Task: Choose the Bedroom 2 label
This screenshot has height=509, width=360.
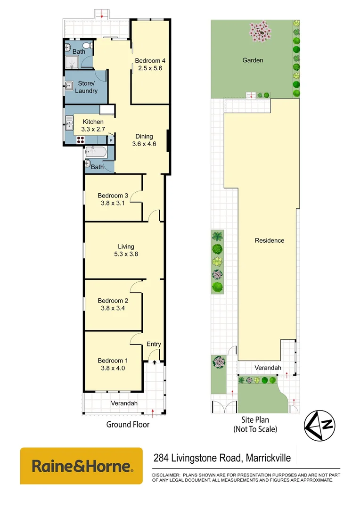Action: coord(113,304)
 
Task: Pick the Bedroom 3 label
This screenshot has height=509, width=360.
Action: coord(113,199)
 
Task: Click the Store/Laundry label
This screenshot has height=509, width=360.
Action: coord(88,87)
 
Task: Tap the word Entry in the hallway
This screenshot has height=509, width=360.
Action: coord(154,344)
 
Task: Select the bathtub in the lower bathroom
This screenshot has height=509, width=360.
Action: coord(97,152)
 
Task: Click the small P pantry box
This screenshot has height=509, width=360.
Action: coord(111,140)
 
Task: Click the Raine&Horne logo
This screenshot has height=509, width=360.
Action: coord(81,466)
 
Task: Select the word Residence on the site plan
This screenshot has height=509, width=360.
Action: coord(270,240)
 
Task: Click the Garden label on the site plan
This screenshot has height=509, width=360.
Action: coord(253,60)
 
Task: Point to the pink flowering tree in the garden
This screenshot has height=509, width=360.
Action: coord(260,32)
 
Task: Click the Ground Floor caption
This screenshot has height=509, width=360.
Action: coord(128,425)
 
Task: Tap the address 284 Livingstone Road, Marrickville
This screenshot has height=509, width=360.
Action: coord(223,458)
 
